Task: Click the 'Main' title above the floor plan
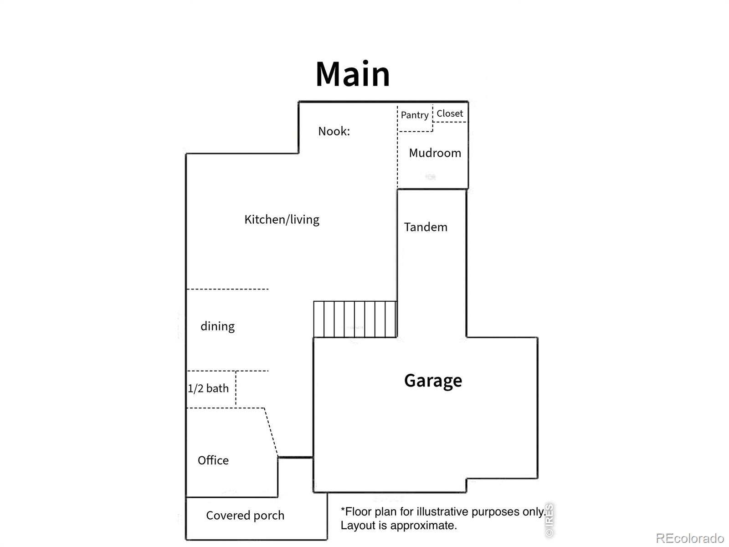(x=352, y=74)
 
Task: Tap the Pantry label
(x=415, y=115)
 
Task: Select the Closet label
(x=450, y=113)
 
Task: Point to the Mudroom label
(x=435, y=153)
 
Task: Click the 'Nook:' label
(x=334, y=131)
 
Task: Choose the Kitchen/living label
(x=282, y=220)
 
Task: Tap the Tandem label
(x=426, y=227)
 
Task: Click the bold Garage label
(x=433, y=381)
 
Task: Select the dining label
(x=217, y=326)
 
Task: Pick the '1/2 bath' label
(x=208, y=388)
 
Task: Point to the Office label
(x=213, y=460)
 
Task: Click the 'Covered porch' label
(x=245, y=516)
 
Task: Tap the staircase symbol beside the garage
(x=355, y=319)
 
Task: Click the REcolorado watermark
(x=689, y=538)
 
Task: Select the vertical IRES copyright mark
(x=549, y=520)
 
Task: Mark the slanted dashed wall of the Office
(x=271, y=433)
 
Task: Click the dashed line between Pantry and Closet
(x=433, y=118)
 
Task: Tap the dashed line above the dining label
(x=227, y=289)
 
